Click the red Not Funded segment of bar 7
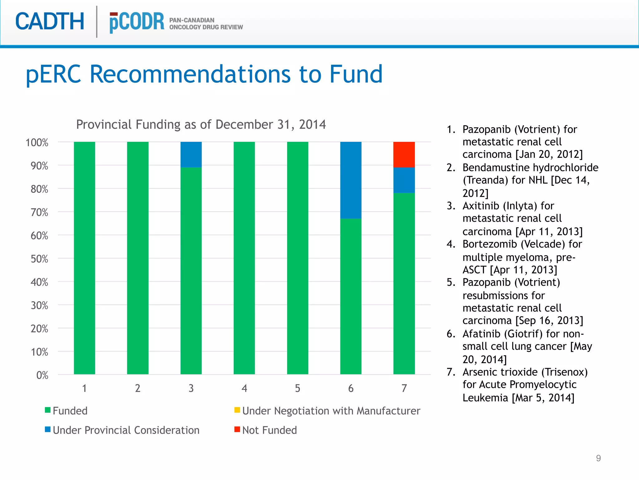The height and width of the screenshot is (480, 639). tap(404, 154)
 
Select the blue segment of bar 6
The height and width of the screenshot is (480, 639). tap(351, 180)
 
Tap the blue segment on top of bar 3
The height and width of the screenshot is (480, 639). tap(191, 154)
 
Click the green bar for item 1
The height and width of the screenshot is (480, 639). tap(84, 258)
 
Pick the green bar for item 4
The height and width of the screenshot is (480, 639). tap(244, 258)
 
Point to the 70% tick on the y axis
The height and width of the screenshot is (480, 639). tap(39, 212)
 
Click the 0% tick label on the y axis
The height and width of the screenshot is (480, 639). tap(42, 375)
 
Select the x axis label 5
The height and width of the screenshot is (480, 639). tap(297, 388)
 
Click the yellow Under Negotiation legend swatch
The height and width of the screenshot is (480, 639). tap(237, 410)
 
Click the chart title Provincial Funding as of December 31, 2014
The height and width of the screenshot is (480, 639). tap(201, 124)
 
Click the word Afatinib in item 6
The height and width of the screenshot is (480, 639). tap(482, 334)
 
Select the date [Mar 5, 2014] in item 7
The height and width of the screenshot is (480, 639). tap(543, 397)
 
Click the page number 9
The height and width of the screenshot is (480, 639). tap(598, 458)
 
